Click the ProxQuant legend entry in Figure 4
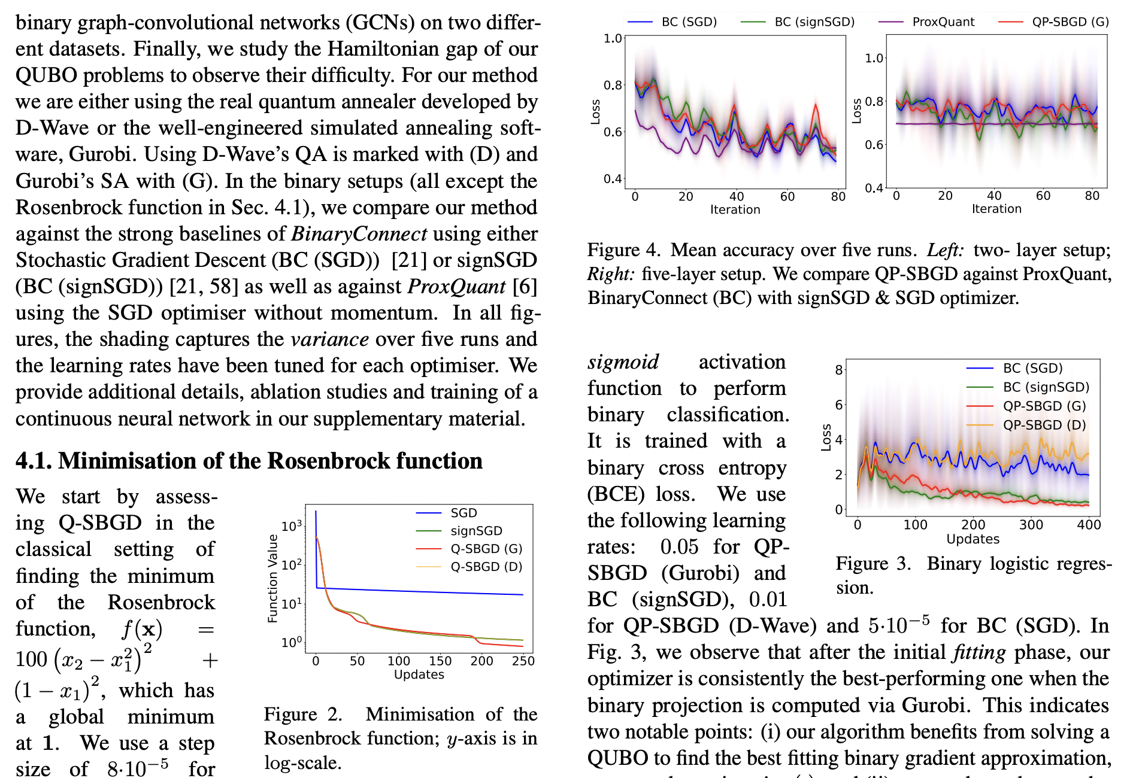[x=943, y=22]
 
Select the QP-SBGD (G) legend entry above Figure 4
[x=1070, y=22]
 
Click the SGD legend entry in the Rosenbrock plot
[x=463, y=513]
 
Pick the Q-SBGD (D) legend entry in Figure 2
[x=486, y=566]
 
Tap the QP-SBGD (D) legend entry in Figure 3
[x=1044, y=425]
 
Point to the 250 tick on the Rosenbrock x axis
[x=523, y=661]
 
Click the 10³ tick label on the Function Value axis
[x=292, y=526]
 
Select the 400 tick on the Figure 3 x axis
[x=1088, y=525]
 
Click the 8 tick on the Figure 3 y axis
[x=839, y=369]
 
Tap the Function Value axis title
[x=272, y=579]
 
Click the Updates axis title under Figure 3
[x=973, y=539]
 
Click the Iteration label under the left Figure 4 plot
[x=735, y=209]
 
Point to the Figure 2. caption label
[x=302, y=714]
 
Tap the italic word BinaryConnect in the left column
[x=359, y=233]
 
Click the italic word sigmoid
[x=623, y=361]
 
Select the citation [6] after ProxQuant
[x=525, y=286]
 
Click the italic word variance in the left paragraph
[x=329, y=339]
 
